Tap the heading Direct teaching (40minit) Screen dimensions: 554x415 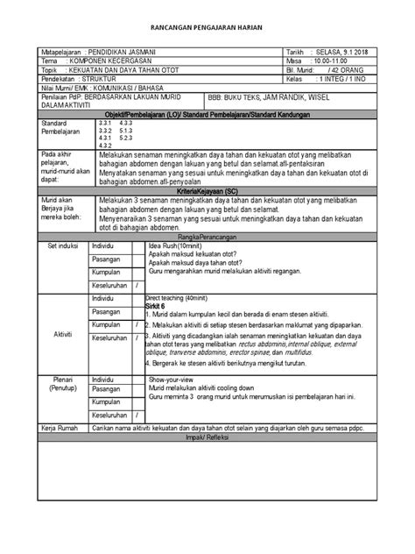(x=183, y=297)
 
